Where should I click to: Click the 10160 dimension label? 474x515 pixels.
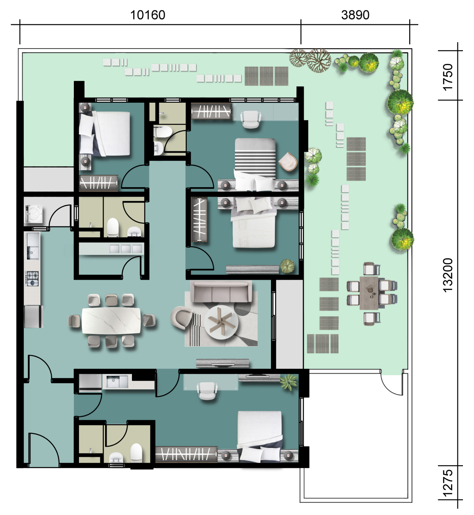click(x=148, y=15)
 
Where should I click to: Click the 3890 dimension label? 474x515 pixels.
click(x=355, y=15)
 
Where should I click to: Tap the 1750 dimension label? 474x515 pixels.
click(x=448, y=77)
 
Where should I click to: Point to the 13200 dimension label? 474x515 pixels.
click(x=448, y=275)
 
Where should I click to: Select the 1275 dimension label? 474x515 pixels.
click(x=448, y=483)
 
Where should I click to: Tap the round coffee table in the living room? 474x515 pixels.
click(x=221, y=322)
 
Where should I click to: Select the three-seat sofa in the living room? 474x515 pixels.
click(x=221, y=291)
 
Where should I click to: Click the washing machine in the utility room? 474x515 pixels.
click(x=34, y=213)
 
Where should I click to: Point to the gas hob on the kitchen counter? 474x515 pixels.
click(x=32, y=278)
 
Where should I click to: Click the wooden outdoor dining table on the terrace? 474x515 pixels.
click(x=369, y=293)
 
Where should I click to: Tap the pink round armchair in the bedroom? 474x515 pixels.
click(x=288, y=162)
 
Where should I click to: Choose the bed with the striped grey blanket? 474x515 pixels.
click(x=255, y=164)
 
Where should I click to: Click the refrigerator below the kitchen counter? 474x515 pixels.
click(x=34, y=317)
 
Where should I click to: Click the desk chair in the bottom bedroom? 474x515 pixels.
click(x=207, y=391)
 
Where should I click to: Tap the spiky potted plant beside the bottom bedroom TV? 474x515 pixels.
click(x=288, y=382)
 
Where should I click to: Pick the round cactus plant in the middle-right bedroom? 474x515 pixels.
click(x=287, y=266)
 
